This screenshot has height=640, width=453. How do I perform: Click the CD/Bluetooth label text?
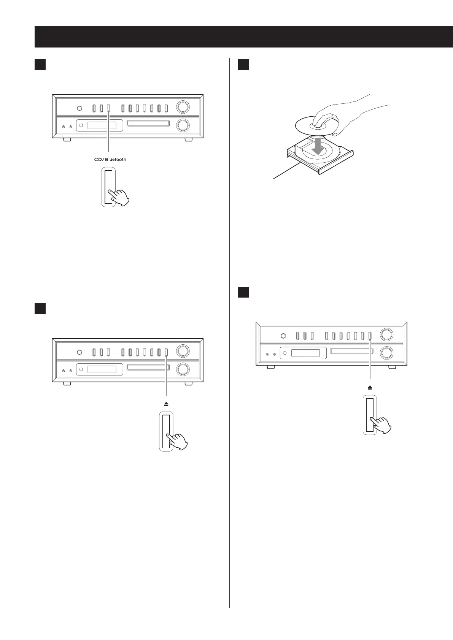pos(110,160)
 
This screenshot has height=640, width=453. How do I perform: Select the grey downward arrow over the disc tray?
pos(318,146)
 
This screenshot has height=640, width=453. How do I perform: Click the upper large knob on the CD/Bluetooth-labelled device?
pos(183,107)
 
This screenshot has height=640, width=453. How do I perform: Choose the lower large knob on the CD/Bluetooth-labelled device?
pos(183,125)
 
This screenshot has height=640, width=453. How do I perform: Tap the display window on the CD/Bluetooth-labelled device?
pos(102,125)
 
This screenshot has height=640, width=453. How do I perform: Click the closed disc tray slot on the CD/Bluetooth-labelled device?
pos(148,124)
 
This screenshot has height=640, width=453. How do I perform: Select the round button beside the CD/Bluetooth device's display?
pos(81,125)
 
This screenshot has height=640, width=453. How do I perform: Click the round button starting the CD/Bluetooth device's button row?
pos(79,109)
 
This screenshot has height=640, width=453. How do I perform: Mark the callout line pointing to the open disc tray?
pos(285,172)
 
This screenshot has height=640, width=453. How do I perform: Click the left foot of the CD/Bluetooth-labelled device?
pos(67,140)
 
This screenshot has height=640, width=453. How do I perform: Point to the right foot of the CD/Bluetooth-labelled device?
pos(188,140)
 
